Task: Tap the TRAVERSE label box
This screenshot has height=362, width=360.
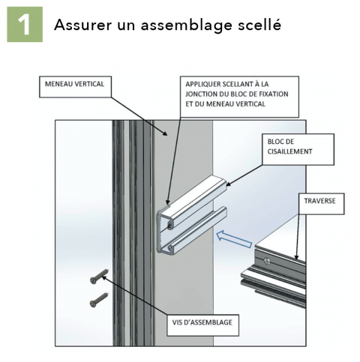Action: (320, 202)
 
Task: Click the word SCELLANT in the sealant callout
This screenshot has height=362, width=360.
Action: (235, 85)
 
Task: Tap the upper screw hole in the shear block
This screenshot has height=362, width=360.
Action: (172, 223)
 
